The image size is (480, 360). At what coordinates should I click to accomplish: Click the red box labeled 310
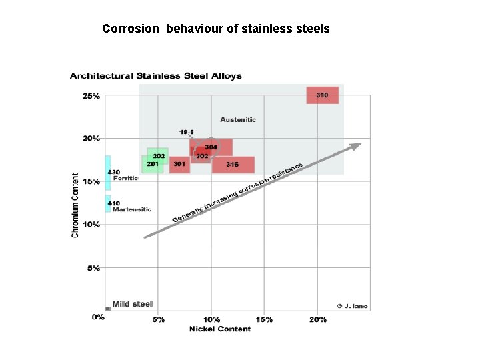click(323, 95)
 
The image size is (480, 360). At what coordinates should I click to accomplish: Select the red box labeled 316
click(233, 165)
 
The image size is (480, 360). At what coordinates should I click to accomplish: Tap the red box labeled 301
click(180, 165)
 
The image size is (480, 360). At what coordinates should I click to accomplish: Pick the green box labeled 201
click(153, 165)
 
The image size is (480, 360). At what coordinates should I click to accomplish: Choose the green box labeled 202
click(157, 156)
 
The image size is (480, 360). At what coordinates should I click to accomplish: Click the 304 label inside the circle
click(211, 147)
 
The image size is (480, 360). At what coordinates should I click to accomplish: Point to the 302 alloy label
click(202, 156)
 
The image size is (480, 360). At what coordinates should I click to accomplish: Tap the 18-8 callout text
click(187, 132)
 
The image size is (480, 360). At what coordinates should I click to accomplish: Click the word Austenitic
click(238, 120)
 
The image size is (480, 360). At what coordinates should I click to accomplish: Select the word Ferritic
click(125, 178)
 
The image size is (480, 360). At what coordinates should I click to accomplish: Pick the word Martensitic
click(132, 209)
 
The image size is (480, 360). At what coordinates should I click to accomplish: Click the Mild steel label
click(132, 304)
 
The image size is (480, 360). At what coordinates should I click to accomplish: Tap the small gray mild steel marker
click(108, 309)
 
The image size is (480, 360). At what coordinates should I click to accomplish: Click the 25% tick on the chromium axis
click(91, 96)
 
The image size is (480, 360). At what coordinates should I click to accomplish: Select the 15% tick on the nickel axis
click(265, 320)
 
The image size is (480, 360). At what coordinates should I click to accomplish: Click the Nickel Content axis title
click(220, 329)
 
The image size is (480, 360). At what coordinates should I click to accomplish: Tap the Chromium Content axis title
click(75, 205)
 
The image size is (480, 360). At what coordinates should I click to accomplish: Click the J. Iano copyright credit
click(353, 306)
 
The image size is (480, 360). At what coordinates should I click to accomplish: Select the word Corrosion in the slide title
click(131, 29)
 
